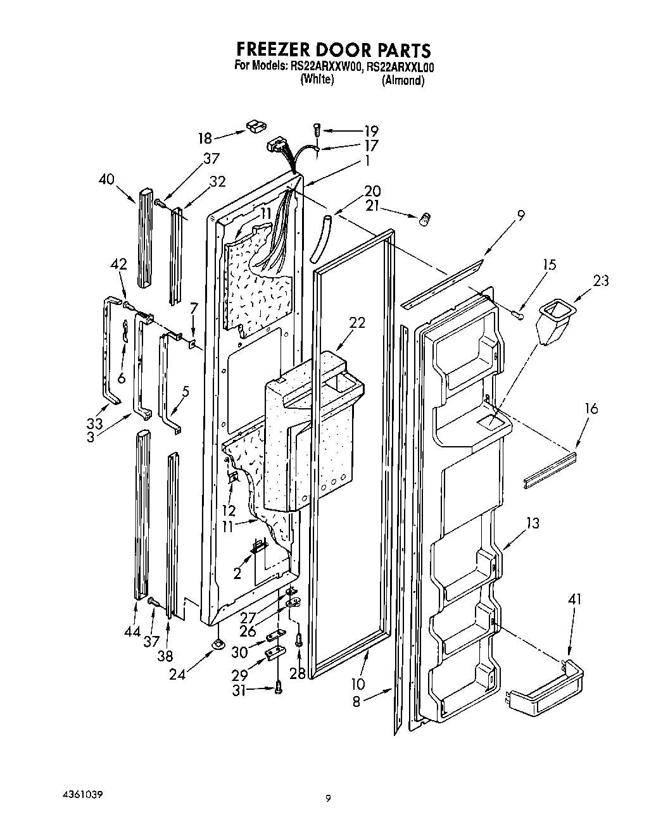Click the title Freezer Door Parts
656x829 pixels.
tap(333, 49)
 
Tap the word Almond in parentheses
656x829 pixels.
tap(403, 80)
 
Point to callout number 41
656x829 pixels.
tap(574, 599)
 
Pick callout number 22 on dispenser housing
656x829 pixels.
tap(357, 323)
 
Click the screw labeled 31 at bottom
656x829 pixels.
tap(277, 689)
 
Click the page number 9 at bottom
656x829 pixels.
tap(328, 799)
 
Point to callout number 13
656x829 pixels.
tap(533, 522)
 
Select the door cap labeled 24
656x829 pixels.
tap(218, 644)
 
